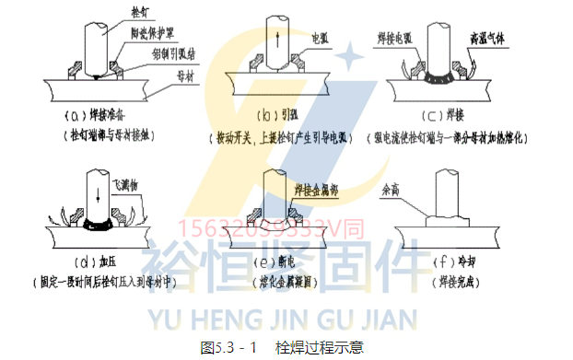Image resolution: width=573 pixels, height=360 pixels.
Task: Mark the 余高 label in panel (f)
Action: [392, 191]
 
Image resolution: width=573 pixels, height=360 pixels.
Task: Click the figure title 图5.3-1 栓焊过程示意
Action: [283, 347]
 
